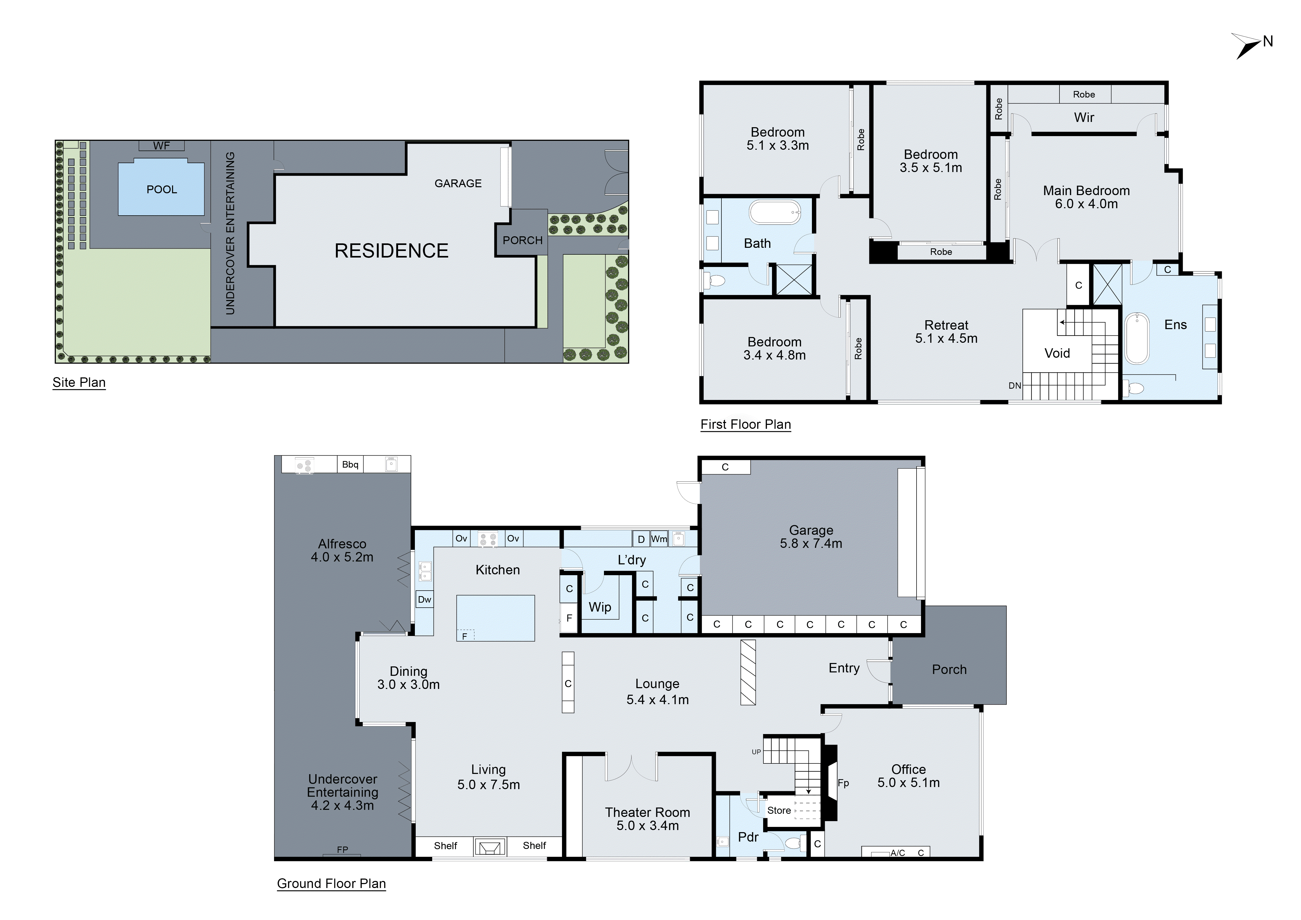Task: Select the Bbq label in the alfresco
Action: pyautogui.click(x=350, y=464)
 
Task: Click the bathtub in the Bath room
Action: pyautogui.click(x=775, y=213)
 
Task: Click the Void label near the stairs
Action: pyautogui.click(x=1057, y=354)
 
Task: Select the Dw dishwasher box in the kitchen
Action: pyautogui.click(x=424, y=599)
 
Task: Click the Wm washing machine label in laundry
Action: pyautogui.click(x=659, y=539)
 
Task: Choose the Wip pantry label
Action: pyautogui.click(x=599, y=607)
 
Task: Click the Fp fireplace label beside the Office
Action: pyautogui.click(x=843, y=783)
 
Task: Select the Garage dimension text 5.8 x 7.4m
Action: pyautogui.click(x=811, y=544)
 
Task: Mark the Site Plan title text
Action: pyautogui.click(x=79, y=382)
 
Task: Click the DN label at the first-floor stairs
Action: pyautogui.click(x=1014, y=386)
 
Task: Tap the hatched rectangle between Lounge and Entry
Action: pyautogui.click(x=748, y=672)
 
